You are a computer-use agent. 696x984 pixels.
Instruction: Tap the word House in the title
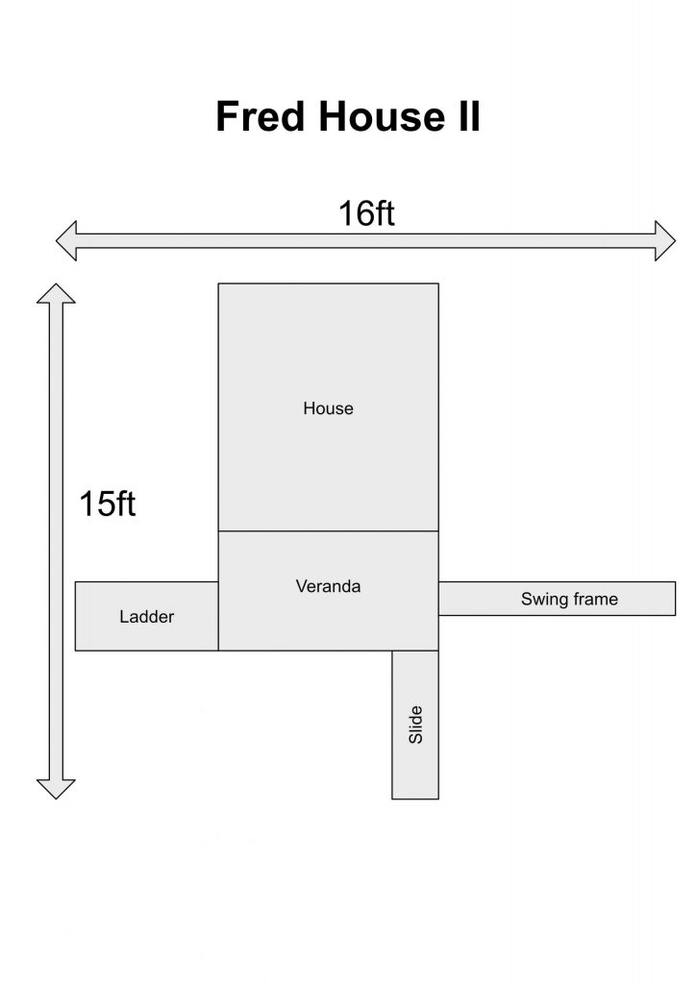point(383,116)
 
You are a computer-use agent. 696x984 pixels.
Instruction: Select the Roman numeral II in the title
point(469,116)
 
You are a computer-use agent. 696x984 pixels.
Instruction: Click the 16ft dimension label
point(366,213)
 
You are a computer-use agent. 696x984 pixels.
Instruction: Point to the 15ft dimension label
point(108,504)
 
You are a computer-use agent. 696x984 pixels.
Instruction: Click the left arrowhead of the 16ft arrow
point(66,241)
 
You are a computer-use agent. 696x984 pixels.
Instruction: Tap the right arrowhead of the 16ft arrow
point(665,241)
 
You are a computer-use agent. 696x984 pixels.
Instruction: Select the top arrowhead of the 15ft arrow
point(56,293)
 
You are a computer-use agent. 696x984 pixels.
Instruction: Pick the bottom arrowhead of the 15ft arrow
point(56,790)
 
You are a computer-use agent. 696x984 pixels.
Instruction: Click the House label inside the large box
point(328,408)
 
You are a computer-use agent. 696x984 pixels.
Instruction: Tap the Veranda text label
point(328,587)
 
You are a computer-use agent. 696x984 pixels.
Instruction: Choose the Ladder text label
point(147,617)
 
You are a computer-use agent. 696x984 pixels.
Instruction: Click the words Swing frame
point(569,600)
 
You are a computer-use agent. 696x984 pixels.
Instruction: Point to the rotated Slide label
point(415,725)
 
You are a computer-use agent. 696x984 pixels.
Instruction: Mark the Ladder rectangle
point(147,616)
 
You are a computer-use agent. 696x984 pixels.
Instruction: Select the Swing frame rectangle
point(558,599)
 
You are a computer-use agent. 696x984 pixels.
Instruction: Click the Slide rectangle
point(415,725)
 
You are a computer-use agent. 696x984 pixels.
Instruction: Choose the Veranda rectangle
point(328,591)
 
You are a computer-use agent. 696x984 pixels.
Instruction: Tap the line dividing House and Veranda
point(328,530)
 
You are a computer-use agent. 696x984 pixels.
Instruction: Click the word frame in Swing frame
point(595,600)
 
